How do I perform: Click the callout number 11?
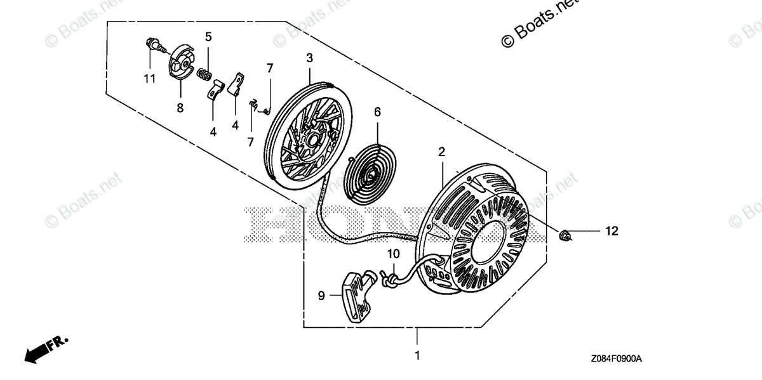149,79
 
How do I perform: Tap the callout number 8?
180,108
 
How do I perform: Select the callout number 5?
208,37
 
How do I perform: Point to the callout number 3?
309,58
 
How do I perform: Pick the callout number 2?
441,152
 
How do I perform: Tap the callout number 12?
611,232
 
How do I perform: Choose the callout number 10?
394,254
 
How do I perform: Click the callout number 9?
321,294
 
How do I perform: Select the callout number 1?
417,355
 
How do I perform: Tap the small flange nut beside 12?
565,235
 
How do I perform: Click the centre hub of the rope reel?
312,135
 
